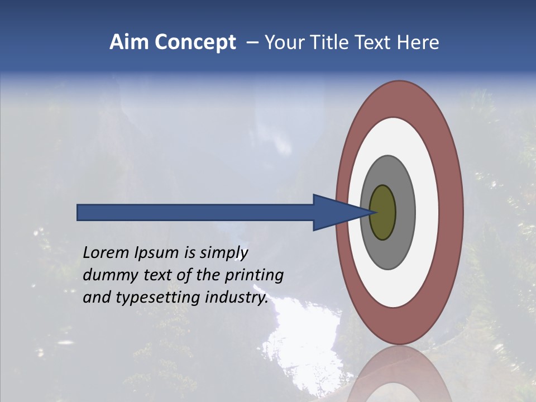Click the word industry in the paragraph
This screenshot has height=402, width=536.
click(234, 298)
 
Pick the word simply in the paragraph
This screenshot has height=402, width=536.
click(224, 253)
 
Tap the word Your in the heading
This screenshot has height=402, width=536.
click(283, 42)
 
